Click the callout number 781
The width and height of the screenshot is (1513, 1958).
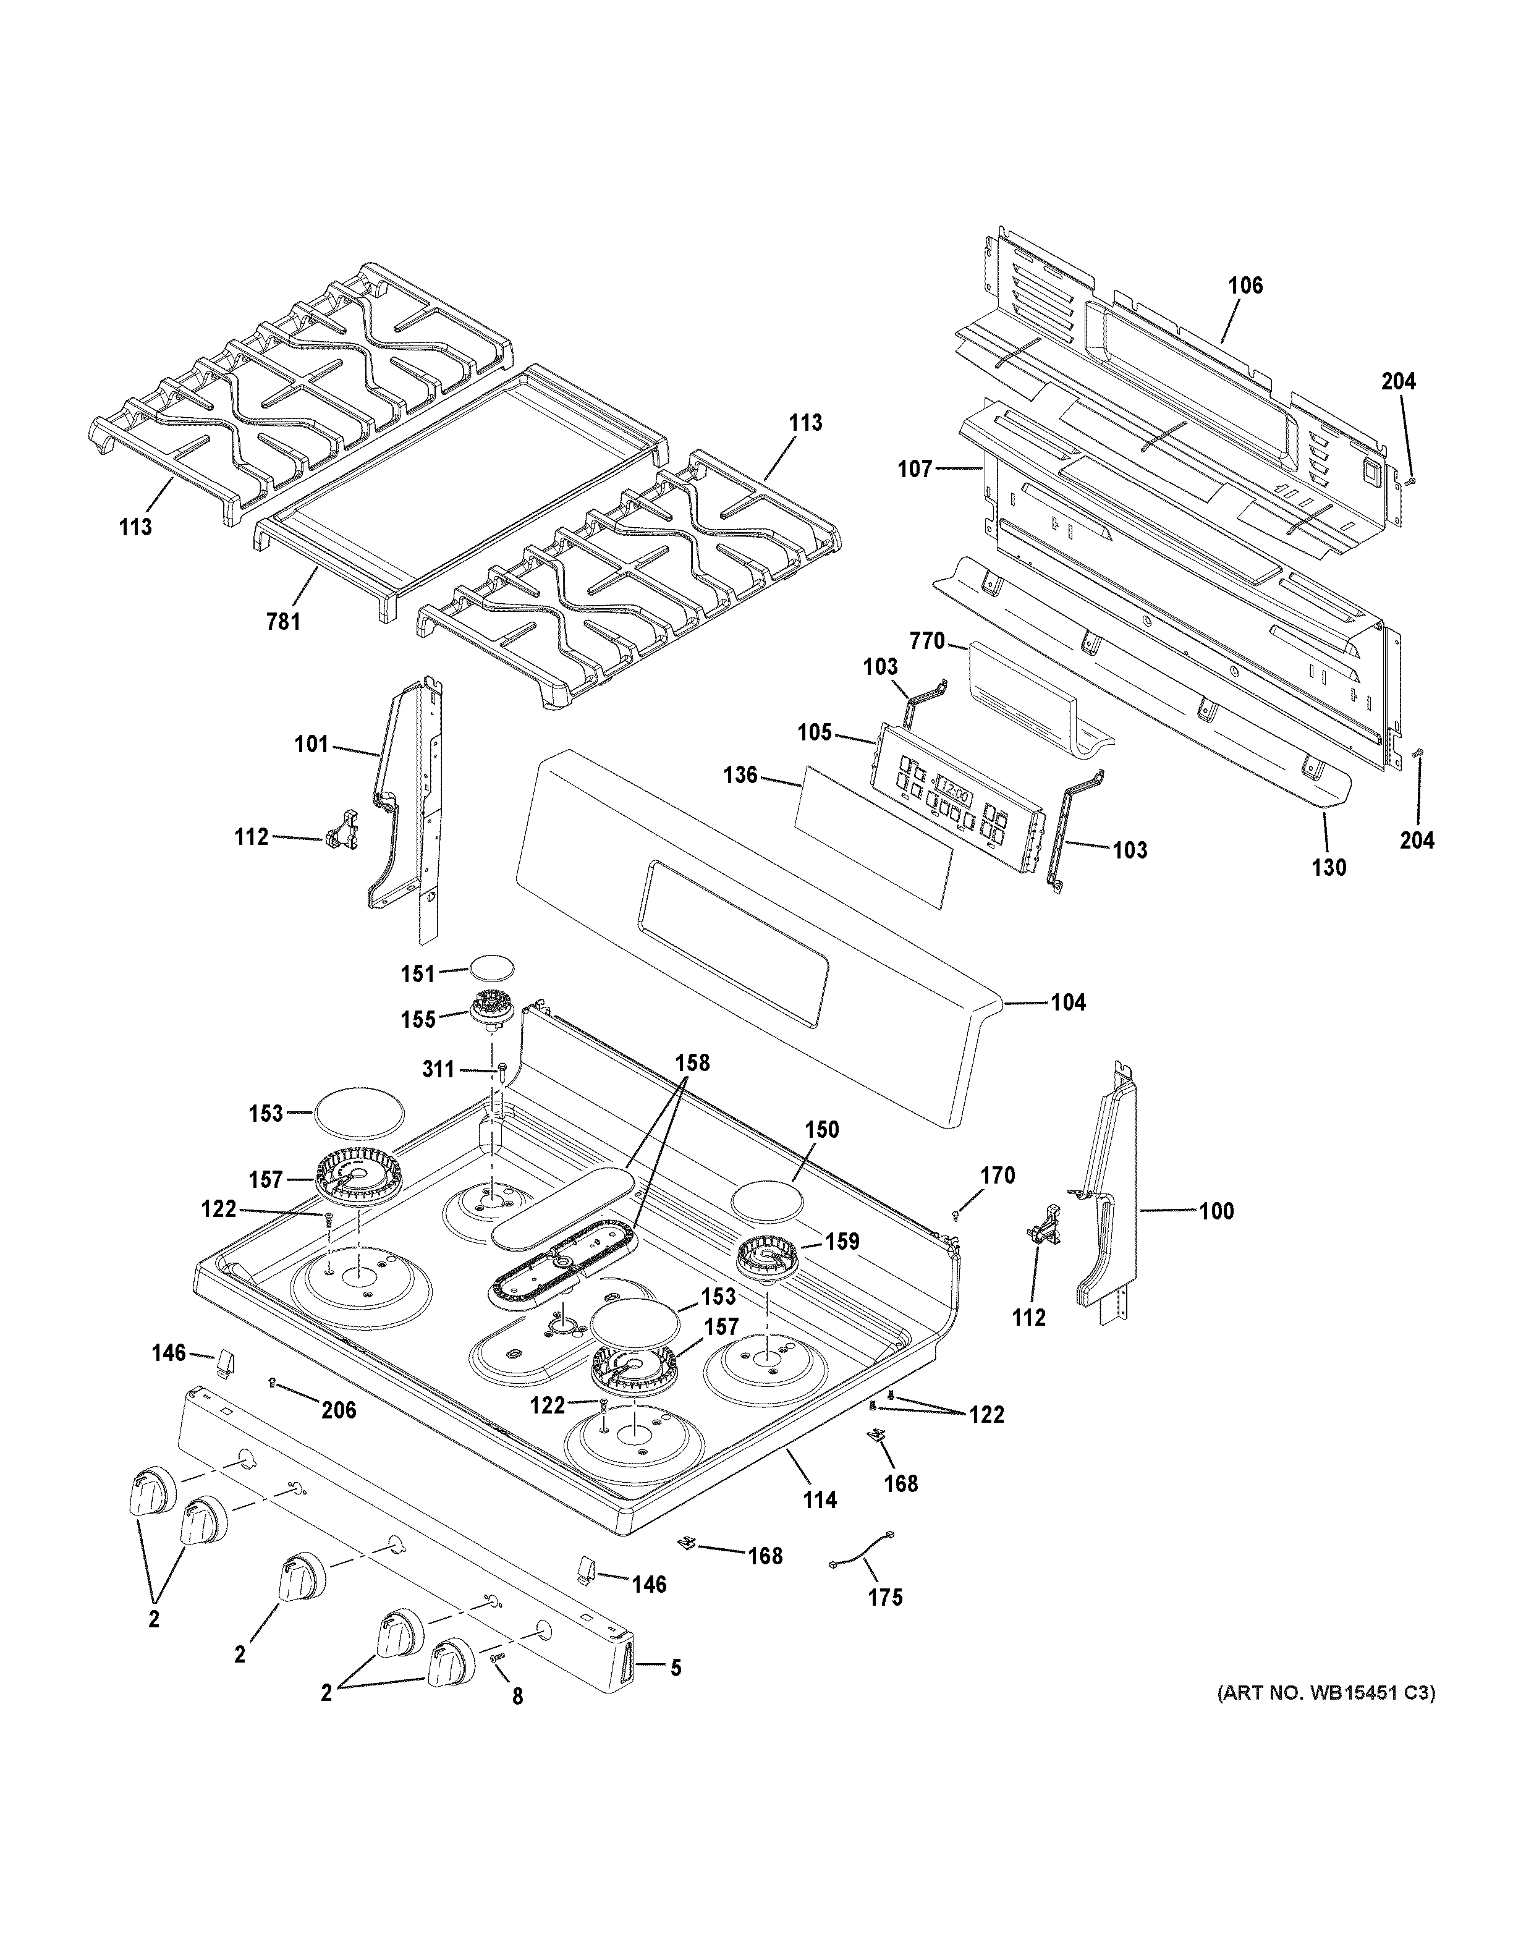(283, 621)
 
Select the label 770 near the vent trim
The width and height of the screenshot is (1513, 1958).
(927, 641)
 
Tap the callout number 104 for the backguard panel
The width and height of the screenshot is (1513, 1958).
(1067, 1002)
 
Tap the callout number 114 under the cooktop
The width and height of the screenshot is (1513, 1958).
(820, 1499)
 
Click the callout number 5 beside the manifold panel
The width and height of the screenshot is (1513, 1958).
(676, 1668)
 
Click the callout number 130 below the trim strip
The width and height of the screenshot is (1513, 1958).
(1328, 867)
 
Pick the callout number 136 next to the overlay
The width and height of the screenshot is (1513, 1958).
(740, 774)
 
